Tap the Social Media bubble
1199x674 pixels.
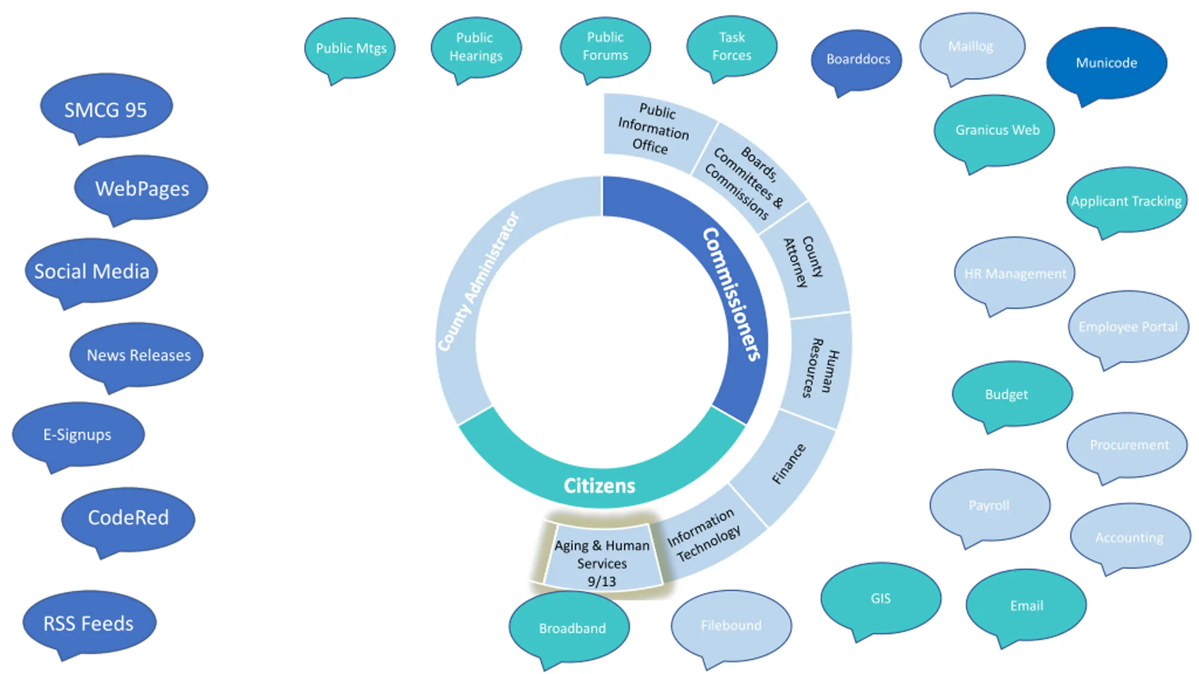click(91, 271)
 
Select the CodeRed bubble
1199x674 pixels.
click(128, 519)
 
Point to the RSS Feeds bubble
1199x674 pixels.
click(89, 623)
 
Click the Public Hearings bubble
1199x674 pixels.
click(476, 47)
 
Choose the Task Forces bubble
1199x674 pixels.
click(732, 46)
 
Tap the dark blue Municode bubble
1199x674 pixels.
click(1106, 63)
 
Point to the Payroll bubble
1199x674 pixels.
click(990, 505)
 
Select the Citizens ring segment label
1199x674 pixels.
click(599, 486)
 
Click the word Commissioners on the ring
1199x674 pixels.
click(732, 295)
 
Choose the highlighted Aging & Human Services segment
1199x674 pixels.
click(602, 557)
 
